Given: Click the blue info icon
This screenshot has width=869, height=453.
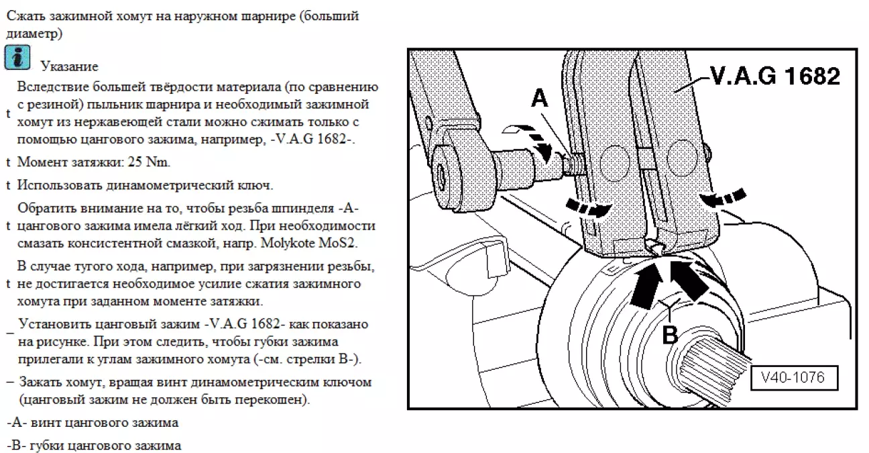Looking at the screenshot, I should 17,58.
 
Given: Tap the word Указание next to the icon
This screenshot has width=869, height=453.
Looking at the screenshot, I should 69,66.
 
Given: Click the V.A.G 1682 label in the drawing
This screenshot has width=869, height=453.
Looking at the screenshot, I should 774,77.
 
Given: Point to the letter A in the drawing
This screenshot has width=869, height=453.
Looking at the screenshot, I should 540,99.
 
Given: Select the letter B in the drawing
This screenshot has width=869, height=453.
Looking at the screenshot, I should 670,334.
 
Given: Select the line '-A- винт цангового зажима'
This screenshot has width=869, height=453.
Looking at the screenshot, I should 93,423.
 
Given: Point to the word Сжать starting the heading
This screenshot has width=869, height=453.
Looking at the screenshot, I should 23,16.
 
